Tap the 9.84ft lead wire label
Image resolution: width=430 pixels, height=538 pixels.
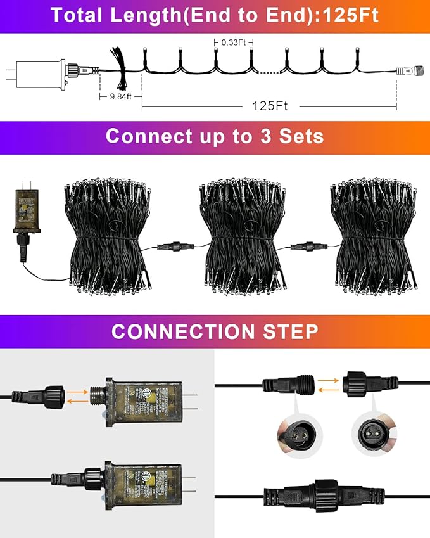click(x=120, y=96)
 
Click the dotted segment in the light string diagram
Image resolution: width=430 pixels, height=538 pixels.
click(x=269, y=72)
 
